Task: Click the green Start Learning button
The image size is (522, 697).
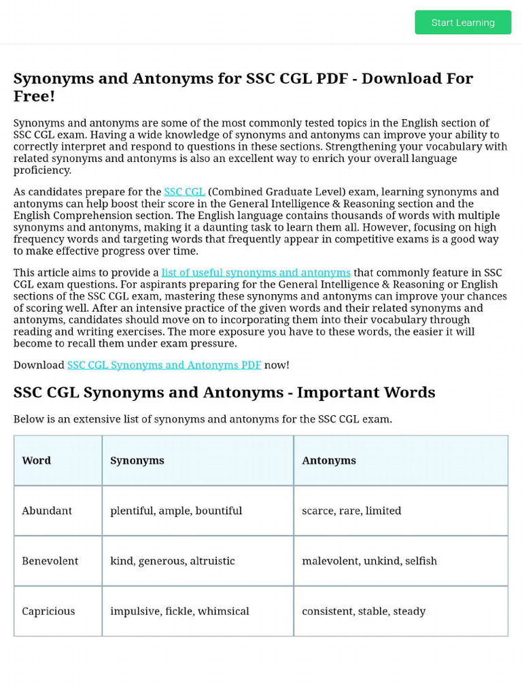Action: click(x=463, y=22)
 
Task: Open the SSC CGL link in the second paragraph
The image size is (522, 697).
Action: click(x=184, y=192)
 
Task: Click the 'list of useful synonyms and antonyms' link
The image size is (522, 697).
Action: click(x=256, y=273)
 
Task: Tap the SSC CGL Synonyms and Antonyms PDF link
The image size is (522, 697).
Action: click(x=164, y=365)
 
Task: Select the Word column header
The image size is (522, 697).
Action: click(x=37, y=461)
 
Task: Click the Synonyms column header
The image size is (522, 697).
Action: click(x=137, y=461)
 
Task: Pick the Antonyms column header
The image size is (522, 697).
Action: click(x=329, y=461)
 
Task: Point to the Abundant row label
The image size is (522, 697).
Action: click(x=47, y=511)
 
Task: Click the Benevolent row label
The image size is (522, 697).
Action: click(x=50, y=562)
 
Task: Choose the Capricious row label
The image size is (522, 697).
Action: click(x=48, y=611)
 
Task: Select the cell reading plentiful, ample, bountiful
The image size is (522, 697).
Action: click(x=176, y=511)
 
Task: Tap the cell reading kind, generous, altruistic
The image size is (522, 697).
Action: click(x=173, y=562)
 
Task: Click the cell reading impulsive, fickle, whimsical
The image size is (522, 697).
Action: click(x=179, y=611)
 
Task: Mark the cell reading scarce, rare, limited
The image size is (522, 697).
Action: click(x=351, y=511)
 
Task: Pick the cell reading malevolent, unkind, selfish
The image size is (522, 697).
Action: click(x=369, y=562)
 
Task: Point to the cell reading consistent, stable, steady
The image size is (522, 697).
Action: click(x=364, y=611)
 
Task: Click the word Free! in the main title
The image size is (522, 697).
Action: click(x=34, y=96)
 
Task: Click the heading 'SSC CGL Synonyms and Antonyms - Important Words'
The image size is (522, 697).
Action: click(x=224, y=393)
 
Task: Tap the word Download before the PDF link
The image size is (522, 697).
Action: click(x=39, y=365)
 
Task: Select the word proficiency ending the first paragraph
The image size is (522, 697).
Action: click(x=42, y=170)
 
